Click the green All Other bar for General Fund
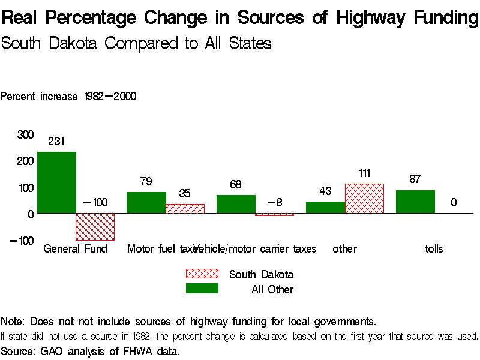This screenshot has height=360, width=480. pos(56,182)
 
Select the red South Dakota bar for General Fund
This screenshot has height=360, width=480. pos(95,226)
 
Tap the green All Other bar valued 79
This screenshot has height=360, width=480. pos(146,202)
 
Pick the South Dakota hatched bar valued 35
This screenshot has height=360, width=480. pos(185,208)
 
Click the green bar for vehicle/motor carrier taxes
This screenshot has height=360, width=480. pos(236,204)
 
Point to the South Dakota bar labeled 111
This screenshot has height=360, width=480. pos(364,198)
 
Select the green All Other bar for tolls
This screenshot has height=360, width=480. pos(415,202)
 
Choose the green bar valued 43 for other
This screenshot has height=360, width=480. pos(325,207)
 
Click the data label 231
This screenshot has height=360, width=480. pos(56,142)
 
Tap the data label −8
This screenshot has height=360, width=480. pos(274,202)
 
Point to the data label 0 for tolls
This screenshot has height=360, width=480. pos(454,203)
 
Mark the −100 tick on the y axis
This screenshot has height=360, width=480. pos(22,241)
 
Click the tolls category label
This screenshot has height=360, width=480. pos(433,248)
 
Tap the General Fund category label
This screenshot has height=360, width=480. pos(75,248)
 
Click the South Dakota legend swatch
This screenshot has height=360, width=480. pos(202,274)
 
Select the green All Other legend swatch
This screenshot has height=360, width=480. pos(202,289)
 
